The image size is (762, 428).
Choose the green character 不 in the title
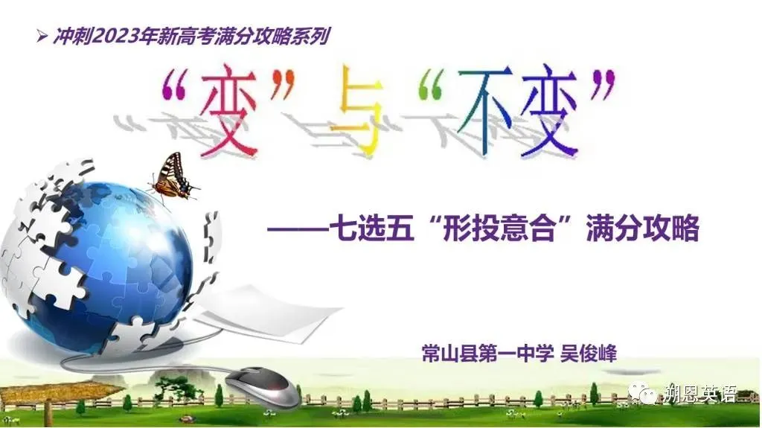486,111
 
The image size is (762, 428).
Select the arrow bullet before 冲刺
42,36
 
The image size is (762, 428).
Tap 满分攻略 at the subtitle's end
642,228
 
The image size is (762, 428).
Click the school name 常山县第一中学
487,353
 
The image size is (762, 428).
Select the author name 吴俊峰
589,353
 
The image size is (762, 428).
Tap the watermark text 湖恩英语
699,394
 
